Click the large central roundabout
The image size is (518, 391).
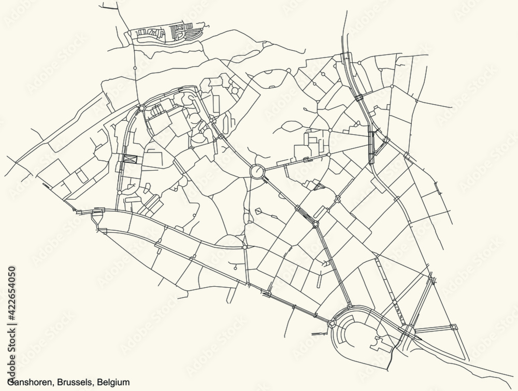click(x=256, y=171)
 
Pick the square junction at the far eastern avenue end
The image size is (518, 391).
click(x=454, y=327)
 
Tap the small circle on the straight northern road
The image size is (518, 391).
click(x=135, y=68)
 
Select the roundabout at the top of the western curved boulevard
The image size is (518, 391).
click(x=141, y=108)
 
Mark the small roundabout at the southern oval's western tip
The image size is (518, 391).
click(x=331, y=325)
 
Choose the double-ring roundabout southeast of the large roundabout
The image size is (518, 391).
click(x=315, y=224)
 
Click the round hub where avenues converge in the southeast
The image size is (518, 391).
click(x=409, y=330)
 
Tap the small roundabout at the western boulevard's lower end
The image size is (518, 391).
click(x=120, y=192)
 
